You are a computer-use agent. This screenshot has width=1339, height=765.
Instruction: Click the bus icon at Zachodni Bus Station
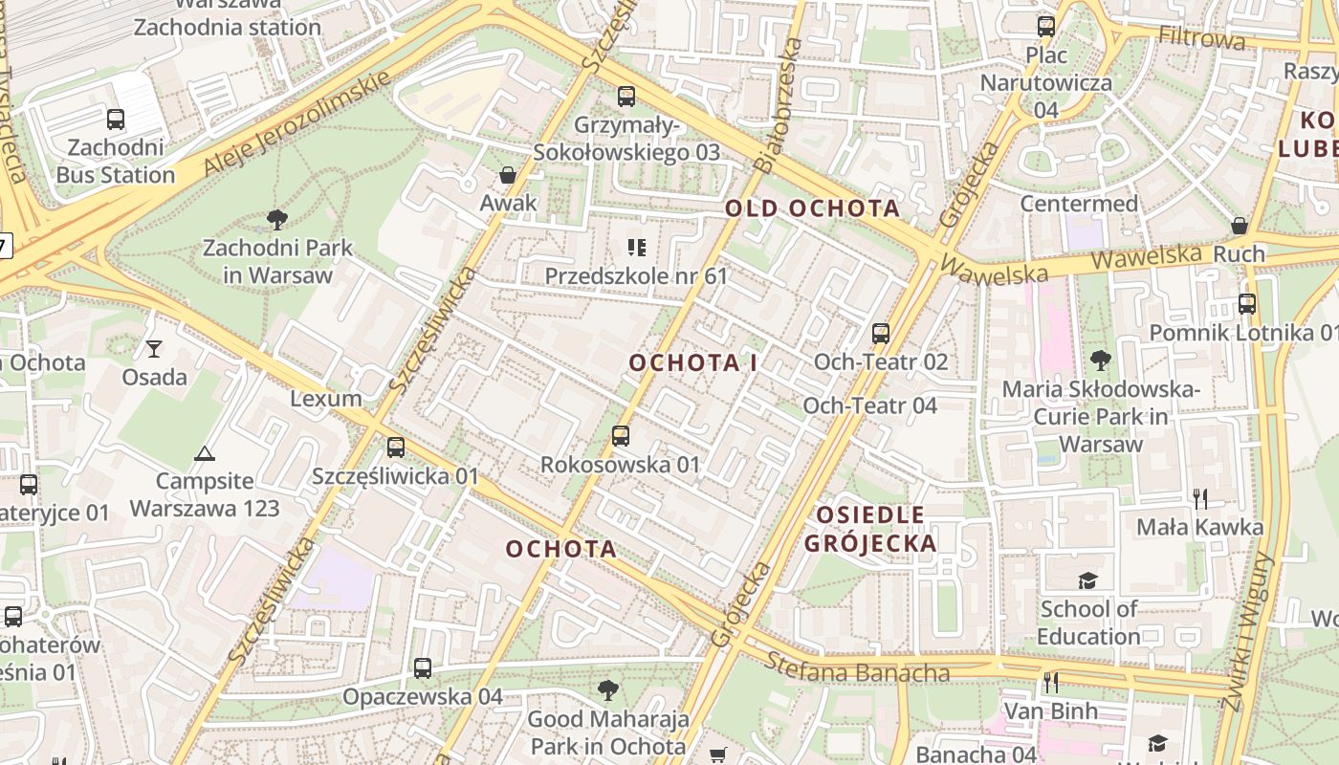tap(116, 120)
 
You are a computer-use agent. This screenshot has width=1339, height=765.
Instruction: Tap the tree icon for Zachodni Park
tap(277, 220)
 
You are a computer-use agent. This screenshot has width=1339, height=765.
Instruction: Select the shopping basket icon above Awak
tap(508, 175)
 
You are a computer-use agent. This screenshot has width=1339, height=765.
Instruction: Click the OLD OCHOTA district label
tap(812, 208)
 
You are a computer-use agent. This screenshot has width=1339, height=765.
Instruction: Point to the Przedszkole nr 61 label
tap(636, 276)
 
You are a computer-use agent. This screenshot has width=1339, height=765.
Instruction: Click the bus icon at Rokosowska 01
tap(621, 436)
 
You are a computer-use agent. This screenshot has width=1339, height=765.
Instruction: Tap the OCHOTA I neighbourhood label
tap(693, 363)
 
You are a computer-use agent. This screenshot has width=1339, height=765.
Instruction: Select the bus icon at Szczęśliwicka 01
tap(396, 447)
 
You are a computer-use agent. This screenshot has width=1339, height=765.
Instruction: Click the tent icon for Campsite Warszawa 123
tap(204, 453)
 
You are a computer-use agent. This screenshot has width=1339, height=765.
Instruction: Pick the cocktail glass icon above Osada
tap(154, 348)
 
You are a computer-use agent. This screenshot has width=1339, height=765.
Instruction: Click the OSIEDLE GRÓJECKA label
tap(870, 530)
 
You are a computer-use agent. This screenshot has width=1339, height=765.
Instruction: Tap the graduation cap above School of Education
tap(1087, 580)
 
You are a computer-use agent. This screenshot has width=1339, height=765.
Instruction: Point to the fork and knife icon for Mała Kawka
tap(1200, 498)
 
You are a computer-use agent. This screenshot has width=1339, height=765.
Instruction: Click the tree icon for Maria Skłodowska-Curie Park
tap(1100, 361)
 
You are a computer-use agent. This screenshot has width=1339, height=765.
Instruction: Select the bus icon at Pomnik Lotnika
tap(1247, 304)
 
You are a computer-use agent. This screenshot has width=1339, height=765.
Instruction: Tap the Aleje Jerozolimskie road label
tap(297, 123)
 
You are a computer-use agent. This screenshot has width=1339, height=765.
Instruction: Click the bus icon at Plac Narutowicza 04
tap(1046, 27)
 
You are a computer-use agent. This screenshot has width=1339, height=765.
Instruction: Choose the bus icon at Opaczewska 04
tap(423, 668)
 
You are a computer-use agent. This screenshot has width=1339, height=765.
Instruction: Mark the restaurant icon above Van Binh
tap(1050, 682)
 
